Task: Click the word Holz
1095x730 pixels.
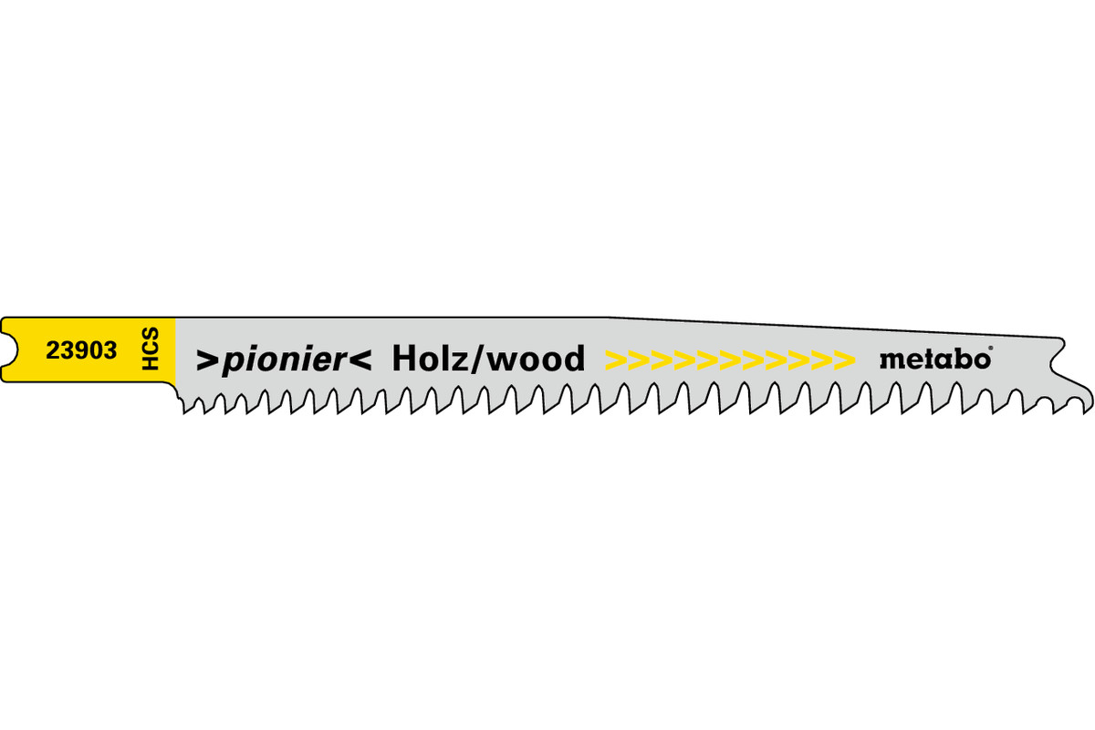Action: (428, 359)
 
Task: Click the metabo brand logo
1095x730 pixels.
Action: (933, 360)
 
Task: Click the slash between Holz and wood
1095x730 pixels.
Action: (477, 360)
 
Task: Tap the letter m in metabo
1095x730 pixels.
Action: (891, 361)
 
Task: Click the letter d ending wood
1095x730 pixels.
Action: (572, 359)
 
